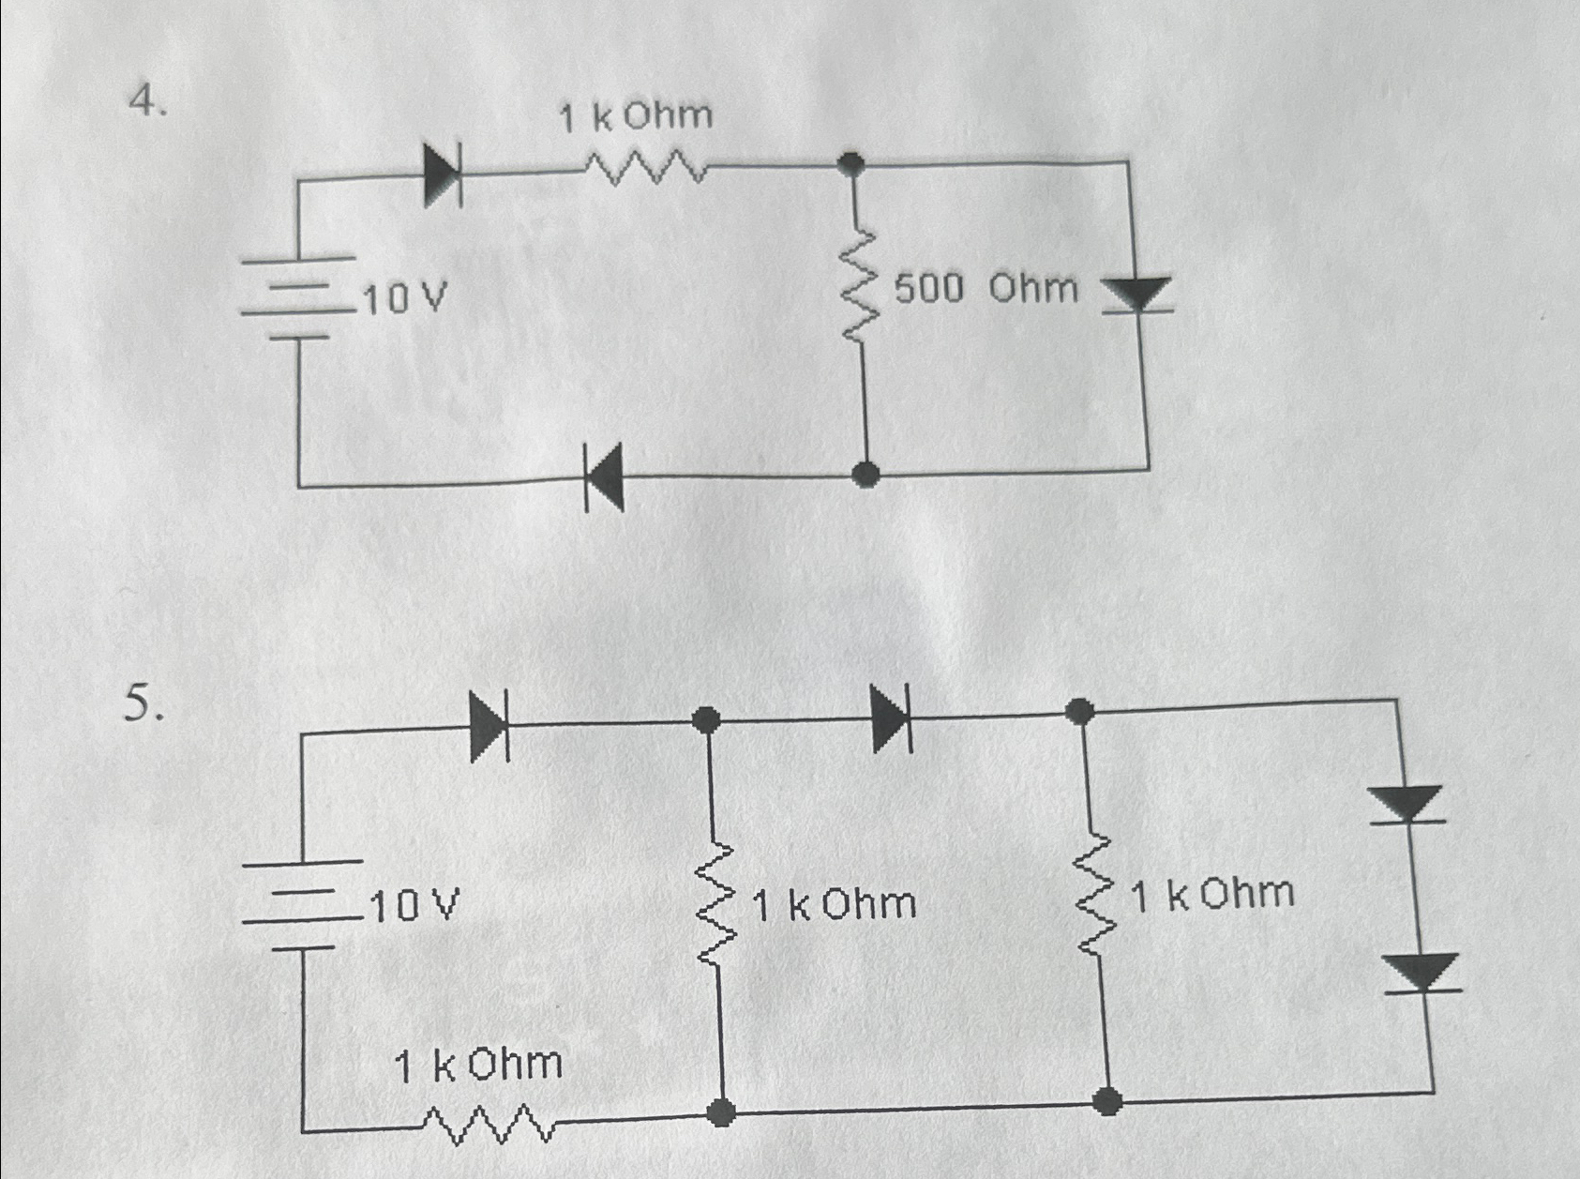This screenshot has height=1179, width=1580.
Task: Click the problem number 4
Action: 147,99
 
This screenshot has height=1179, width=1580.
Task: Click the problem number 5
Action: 143,703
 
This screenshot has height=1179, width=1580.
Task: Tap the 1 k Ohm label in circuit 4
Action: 636,117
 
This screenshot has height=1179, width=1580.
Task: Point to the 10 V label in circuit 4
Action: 404,300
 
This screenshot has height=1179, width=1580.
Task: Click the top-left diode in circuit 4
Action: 443,174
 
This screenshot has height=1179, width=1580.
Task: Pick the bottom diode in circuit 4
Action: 605,476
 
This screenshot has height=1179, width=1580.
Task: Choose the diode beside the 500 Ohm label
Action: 1136,295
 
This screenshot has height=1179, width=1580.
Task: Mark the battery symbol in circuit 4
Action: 298,296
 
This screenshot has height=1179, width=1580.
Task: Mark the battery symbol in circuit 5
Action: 302,904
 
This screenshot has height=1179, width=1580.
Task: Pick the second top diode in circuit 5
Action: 891,718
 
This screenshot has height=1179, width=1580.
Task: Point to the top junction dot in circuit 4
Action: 851,165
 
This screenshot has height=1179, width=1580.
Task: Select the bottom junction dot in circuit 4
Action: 867,475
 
